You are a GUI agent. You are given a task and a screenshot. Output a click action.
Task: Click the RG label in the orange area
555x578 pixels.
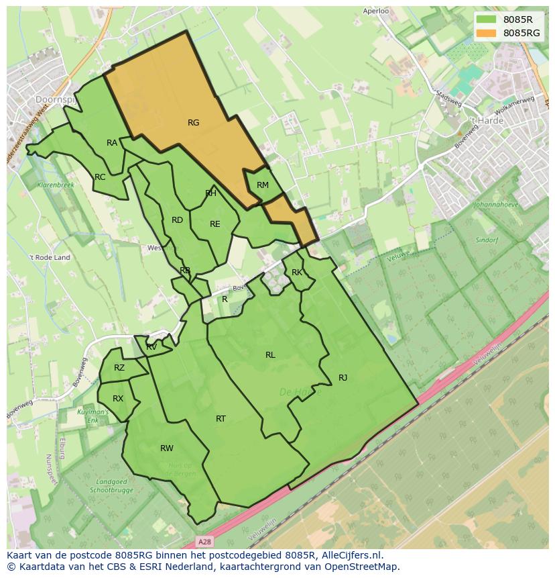(194, 123)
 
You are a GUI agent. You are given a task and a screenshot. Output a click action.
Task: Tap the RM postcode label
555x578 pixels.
(263, 185)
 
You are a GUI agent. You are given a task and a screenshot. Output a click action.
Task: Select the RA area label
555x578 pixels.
(112, 143)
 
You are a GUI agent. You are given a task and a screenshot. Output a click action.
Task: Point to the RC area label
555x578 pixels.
(100, 177)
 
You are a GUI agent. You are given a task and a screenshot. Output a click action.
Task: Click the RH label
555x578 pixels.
(211, 193)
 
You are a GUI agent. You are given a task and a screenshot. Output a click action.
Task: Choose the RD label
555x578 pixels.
(177, 220)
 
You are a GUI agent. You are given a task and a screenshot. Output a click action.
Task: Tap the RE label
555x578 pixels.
(215, 224)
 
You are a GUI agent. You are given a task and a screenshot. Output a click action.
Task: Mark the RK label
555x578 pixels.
(297, 273)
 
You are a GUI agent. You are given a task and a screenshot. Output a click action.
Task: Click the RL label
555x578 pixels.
(270, 355)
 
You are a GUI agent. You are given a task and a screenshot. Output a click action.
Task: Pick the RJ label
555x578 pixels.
(343, 377)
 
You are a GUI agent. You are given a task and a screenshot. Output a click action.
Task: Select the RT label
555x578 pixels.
(221, 419)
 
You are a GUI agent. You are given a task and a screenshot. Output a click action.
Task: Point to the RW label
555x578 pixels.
(167, 448)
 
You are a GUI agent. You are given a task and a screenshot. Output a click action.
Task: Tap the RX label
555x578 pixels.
(118, 399)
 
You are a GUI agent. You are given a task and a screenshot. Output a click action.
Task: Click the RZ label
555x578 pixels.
(119, 368)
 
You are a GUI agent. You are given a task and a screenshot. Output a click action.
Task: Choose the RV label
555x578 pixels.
(151, 347)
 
